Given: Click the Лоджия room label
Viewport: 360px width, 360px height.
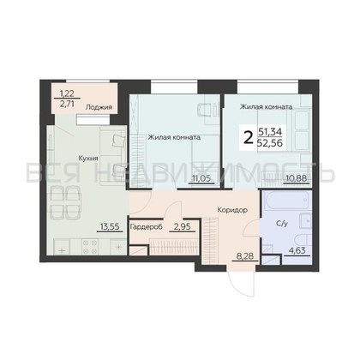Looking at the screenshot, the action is click(99, 107).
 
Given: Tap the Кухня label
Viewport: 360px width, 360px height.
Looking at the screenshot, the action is click(88, 159).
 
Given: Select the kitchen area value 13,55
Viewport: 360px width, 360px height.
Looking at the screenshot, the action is click(110, 226).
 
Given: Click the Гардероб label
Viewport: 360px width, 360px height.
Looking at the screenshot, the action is click(147, 227).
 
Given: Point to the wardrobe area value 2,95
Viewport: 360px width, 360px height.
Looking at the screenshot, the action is click(183, 226).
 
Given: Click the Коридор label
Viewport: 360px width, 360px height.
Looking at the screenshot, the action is click(232, 210).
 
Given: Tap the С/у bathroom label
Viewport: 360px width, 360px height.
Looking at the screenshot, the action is click(282, 224).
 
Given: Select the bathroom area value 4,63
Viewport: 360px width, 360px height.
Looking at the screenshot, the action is click(297, 250).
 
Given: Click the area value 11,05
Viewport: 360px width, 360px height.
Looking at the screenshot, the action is click(201, 178).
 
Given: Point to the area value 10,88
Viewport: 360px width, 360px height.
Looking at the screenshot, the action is click(297, 178).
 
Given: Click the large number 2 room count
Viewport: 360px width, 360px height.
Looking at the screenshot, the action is click(249, 139).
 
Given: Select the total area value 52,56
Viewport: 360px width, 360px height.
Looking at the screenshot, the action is click(270, 143).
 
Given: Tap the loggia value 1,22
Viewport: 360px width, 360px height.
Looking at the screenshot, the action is click(67, 93).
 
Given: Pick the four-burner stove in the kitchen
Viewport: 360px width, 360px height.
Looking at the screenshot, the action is click(90, 247).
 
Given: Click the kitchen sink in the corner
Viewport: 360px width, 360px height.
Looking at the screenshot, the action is click(62, 247).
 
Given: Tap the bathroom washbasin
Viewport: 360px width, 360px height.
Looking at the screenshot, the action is click(305, 221).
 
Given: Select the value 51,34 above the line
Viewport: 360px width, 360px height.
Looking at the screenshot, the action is click(270, 132).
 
